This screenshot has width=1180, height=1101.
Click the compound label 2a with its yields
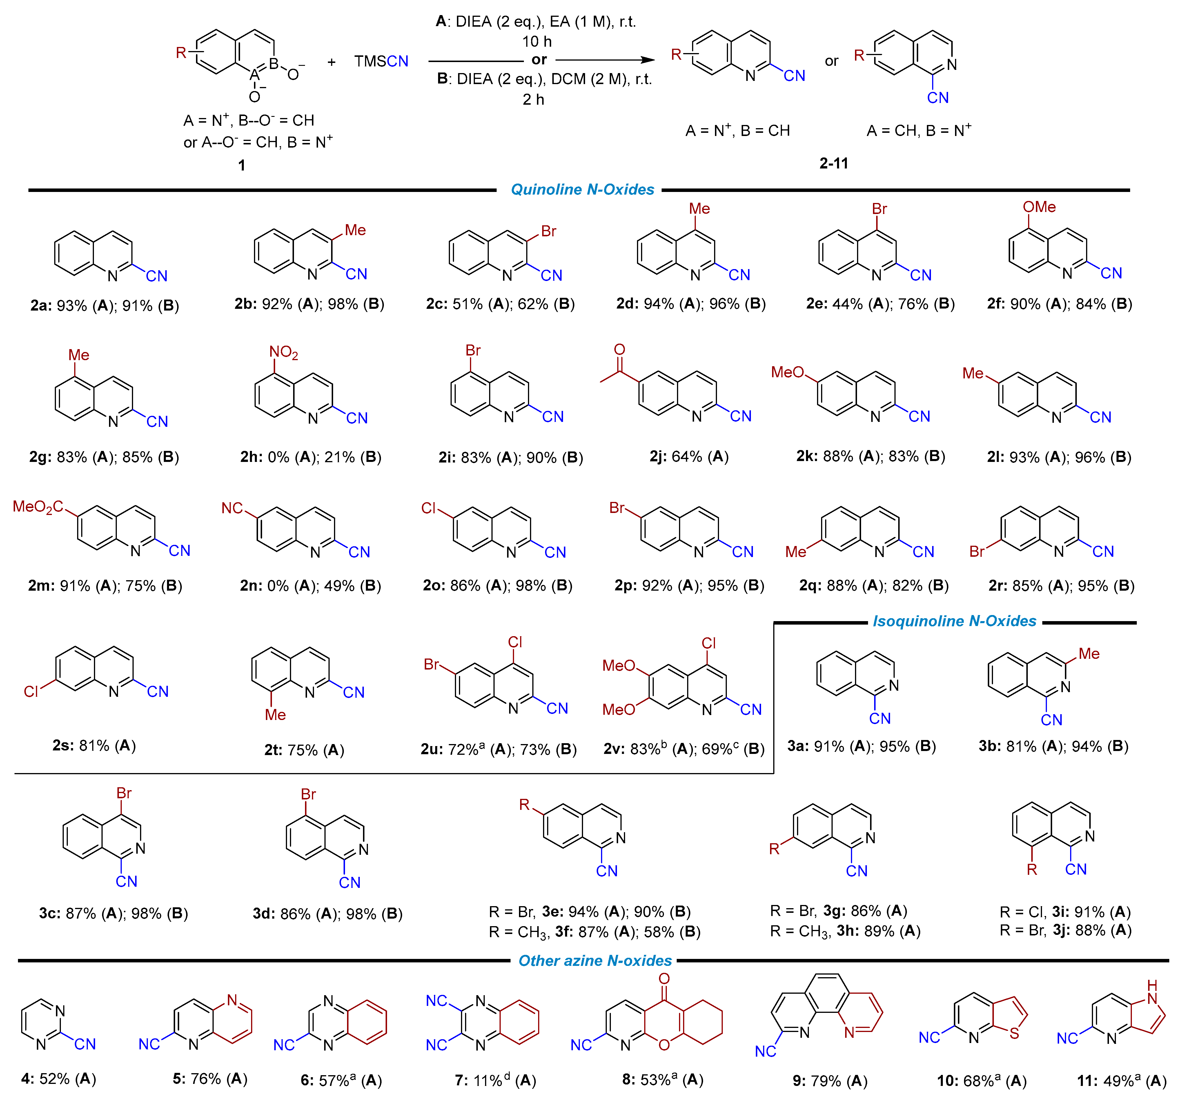point(104,306)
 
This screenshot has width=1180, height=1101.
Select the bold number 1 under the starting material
point(242,165)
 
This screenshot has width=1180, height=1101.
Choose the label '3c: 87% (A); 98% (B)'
point(113,913)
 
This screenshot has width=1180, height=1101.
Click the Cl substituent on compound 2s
point(31,692)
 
